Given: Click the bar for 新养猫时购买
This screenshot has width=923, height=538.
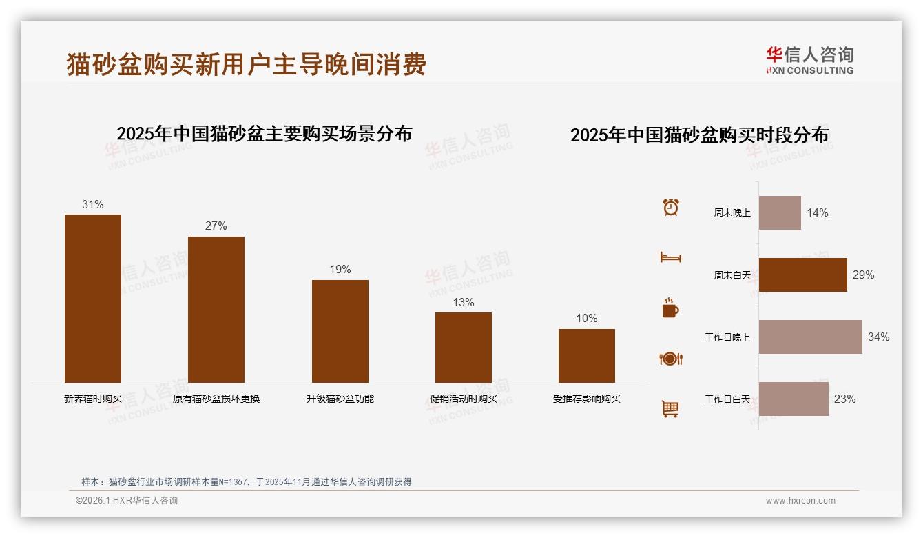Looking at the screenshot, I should click(x=93, y=299).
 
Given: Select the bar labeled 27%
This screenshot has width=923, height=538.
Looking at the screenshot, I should click(x=216, y=310).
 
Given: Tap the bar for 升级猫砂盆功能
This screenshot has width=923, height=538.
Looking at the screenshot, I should click(x=340, y=331).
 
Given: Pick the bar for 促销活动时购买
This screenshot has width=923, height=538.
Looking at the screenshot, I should click(x=464, y=348).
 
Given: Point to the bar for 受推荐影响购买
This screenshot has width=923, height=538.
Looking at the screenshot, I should click(x=587, y=356).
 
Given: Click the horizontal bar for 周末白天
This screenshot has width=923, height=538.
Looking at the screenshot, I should click(x=803, y=275).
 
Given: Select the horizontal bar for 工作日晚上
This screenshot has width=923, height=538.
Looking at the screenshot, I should click(x=811, y=337).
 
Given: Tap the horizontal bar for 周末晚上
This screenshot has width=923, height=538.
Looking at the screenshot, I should click(x=780, y=212).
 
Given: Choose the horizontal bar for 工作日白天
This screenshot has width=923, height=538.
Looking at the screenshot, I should click(x=794, y=399).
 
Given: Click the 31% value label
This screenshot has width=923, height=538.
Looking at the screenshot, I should click(x=93, y=204).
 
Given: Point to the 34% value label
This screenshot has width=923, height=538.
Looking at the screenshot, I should click(x=878, y=337).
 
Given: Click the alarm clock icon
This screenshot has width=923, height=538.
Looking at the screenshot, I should click(x=671, y=207).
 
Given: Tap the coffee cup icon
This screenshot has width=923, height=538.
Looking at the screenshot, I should click(x=670, y=308).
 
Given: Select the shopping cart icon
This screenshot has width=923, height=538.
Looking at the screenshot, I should click(x=670, y=409).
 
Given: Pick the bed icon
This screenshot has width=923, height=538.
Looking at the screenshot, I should click(x=670, y=257).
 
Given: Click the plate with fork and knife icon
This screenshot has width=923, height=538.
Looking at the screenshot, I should click(x=670, y=359).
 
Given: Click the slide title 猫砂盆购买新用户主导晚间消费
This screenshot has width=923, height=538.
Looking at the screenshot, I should click(x=247, y=64).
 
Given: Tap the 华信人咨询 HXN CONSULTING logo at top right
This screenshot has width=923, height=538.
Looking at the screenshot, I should click(x=809, y=60).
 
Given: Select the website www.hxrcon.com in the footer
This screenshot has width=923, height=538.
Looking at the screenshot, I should click(x=800, y=501).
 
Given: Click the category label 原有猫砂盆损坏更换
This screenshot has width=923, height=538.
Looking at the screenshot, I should click(x=216, y=399).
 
